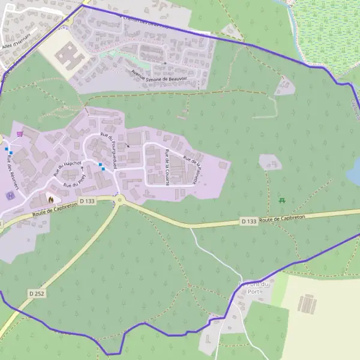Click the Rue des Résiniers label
pyautogui.click(x=11, y=172)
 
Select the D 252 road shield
pyautogui.click(x=37, y=293)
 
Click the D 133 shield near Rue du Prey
pyautogui.click(x=87, y=201)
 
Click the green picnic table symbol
pyautogui.click(x=282, y=199)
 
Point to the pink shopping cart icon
pyautogui.click(x=21, y=133)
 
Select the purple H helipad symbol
pyautogui.click(x=9, y=196)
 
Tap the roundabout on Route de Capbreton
pyautogui.click(x=118, y=200)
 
